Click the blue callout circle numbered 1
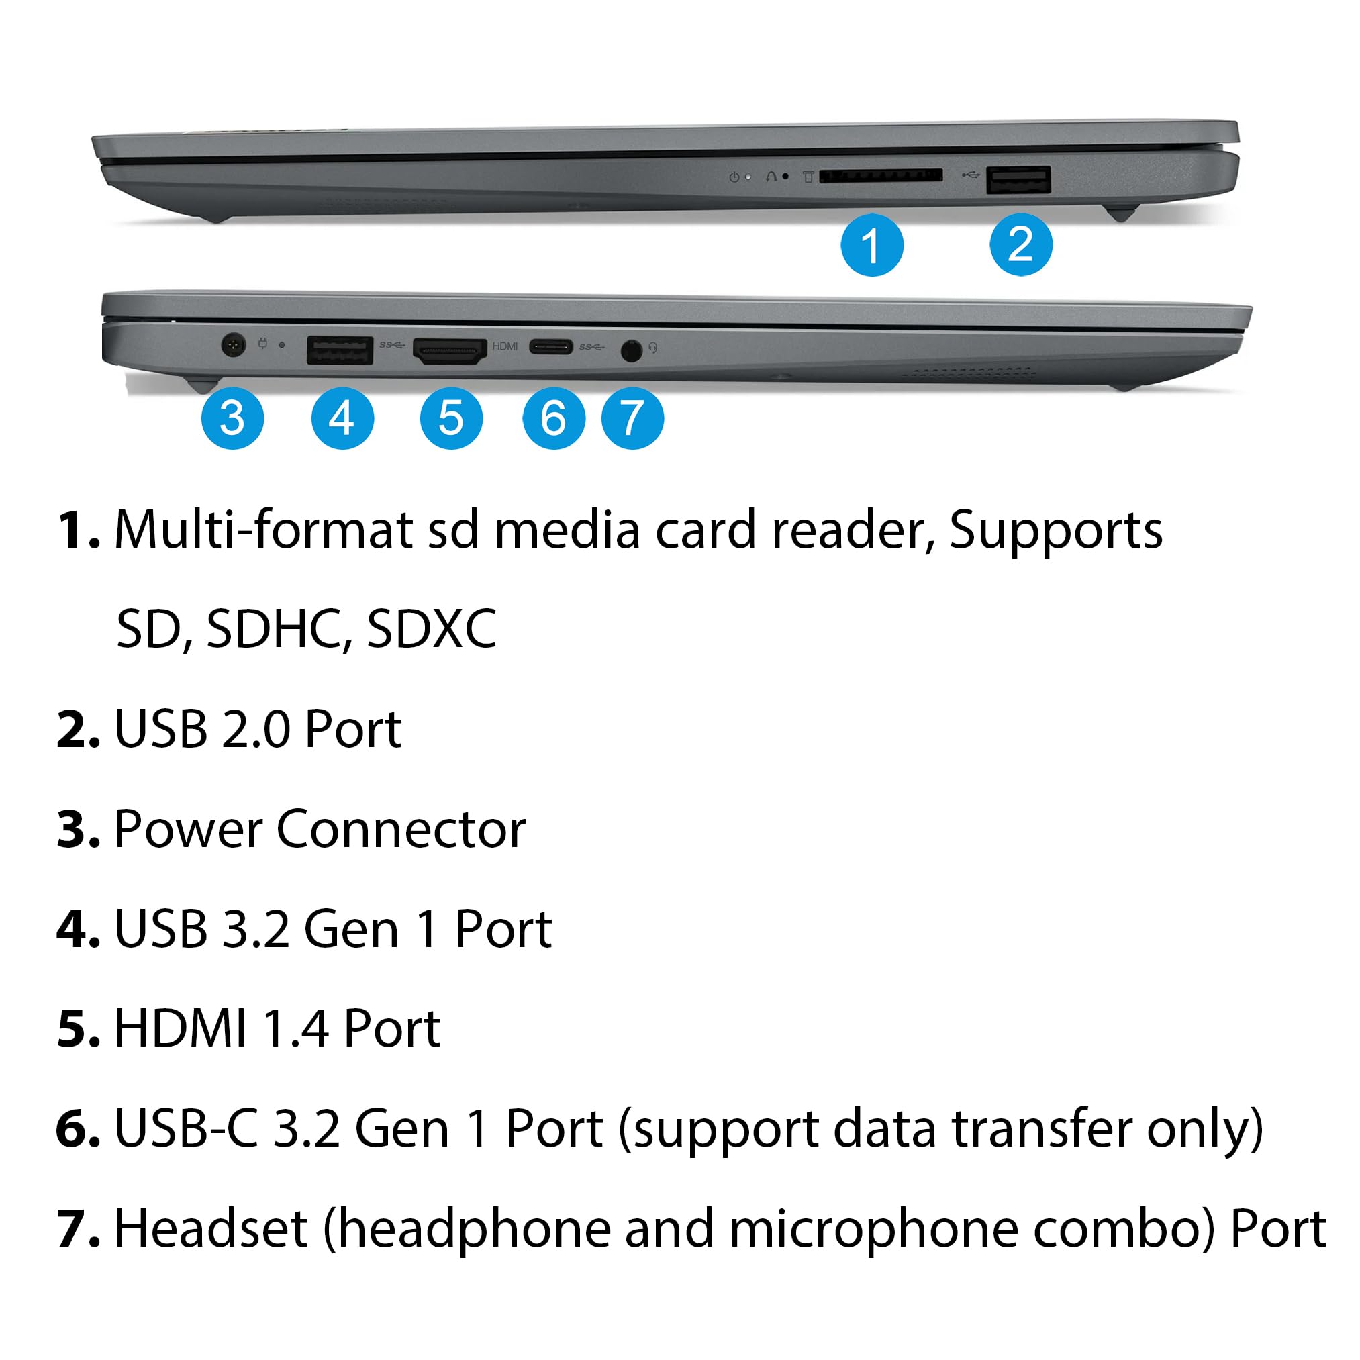[x=871, y=245]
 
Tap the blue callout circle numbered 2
[x=1020, y=244]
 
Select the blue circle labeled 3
[x=232, y=418]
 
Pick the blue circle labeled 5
[x=450, y=418]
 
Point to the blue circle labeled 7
[x=632, y=418]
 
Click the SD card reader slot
[x=880, y=175]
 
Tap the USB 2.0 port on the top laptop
[x=1018, y=179]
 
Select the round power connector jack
[x=233, y=345]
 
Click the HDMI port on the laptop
[x=450, y=350]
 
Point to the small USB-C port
[x=550, y=346]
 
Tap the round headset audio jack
[x=632, y=350]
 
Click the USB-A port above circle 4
[x=339, y=350]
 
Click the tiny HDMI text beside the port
[x=505, y=346]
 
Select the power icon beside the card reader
[x=734, y=177]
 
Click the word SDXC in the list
[x=431, y=628]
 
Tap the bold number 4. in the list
[x=77, y=929]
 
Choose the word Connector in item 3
[x=401, y=829]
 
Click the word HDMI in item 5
[x=180, y=1028]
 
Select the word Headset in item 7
[x=211, y=1228]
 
